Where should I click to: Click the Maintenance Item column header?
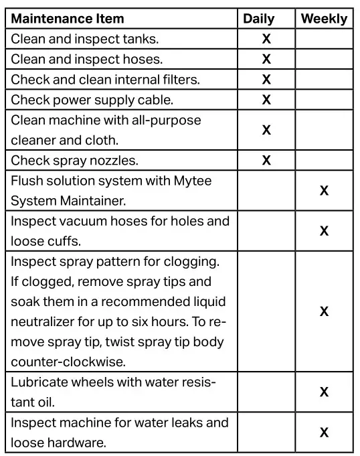[x=68, y=19]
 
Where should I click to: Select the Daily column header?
[x=258, y=19]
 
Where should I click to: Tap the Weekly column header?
[x=324, y=19]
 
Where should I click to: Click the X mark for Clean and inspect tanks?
[x=266, y=39]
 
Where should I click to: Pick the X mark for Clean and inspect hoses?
[x=266, y=59]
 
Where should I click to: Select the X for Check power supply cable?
[x=266, y=100]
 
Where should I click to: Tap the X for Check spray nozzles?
[x=266, y=160]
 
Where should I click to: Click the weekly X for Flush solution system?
[x=325, y=191]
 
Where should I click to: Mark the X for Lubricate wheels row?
[x=325, y=392]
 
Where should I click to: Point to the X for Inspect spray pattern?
[x=325, y=311]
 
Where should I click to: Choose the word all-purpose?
[x=162, y=121]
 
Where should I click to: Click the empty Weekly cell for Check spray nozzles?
[x=325, y=160]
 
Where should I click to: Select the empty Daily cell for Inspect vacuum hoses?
[x=266, y=231]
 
